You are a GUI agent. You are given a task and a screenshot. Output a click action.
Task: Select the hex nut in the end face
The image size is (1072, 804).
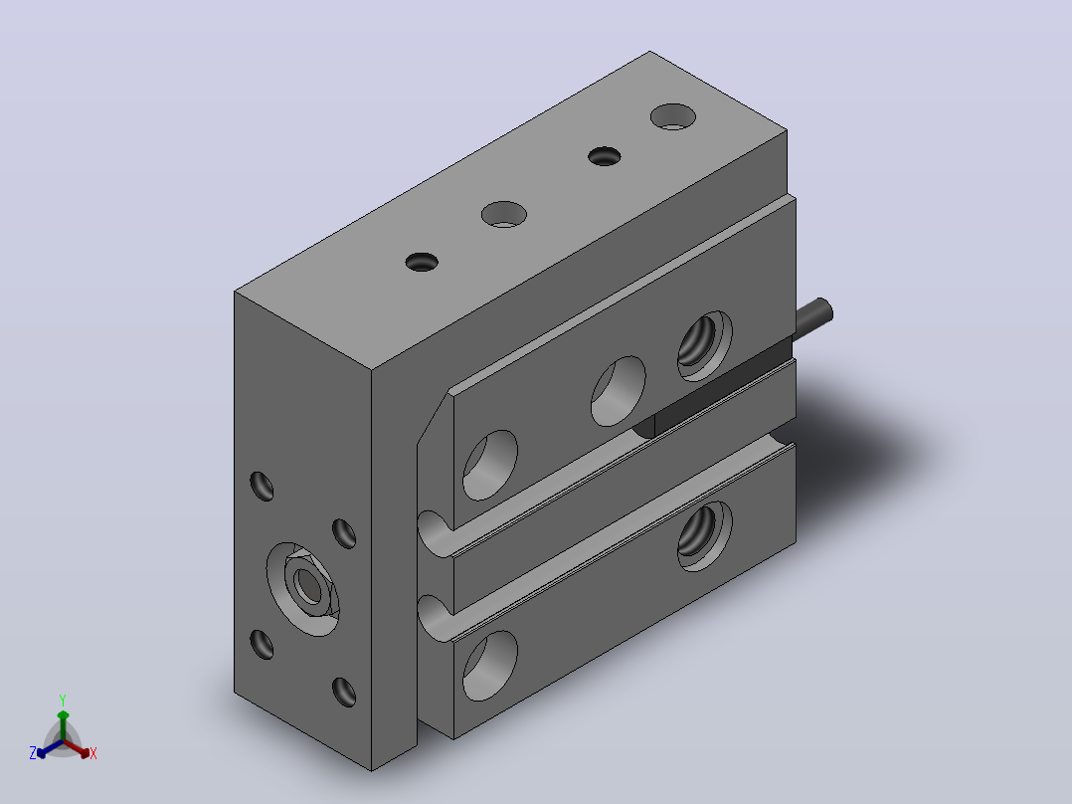point(309,585)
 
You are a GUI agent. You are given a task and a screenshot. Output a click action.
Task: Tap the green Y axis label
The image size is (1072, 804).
point(63,700)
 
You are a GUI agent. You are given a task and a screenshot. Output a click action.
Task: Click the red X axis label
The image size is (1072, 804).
point(93,753)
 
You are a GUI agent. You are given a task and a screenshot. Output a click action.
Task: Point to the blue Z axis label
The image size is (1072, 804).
point(33,752)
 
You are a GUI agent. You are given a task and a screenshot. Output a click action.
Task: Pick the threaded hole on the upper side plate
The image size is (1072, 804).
point(704,345)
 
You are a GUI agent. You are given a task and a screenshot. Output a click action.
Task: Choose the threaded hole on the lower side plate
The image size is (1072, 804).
point(704,535)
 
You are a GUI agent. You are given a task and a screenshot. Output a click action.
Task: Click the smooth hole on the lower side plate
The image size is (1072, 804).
point(489,666)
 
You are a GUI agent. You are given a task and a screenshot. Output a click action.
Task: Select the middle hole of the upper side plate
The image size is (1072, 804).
point(619,391)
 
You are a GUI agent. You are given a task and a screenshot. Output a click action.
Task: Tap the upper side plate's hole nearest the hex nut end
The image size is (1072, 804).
point(489,466)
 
